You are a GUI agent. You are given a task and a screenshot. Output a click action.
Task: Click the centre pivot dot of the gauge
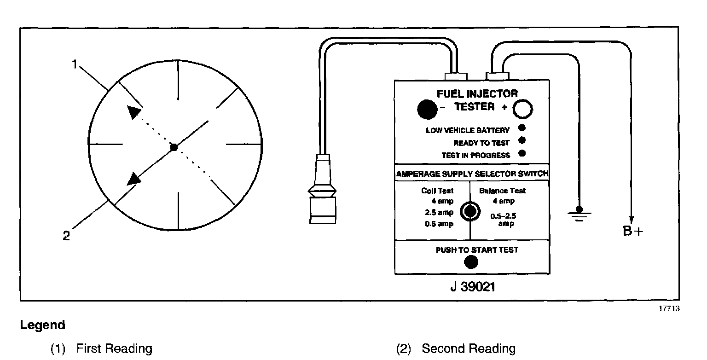coord(174,147)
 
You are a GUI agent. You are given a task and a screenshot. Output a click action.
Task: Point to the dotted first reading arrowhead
coord(133,112)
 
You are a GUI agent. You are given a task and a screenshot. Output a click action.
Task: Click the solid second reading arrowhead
coord(134,178)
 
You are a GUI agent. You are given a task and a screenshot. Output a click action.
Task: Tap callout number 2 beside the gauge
coord(67,236)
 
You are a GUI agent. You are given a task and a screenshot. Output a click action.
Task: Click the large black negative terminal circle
coord(426,110)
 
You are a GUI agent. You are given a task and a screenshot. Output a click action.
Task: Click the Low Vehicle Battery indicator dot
coord(522,128)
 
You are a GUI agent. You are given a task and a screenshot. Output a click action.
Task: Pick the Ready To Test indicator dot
coord(522,141)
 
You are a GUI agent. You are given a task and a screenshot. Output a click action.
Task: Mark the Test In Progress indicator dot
coord(522,153)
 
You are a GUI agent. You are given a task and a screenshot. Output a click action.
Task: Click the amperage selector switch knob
coord(470,211)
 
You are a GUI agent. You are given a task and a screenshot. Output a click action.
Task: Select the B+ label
coord(632,231)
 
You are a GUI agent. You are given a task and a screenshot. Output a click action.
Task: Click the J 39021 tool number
coord(472,286)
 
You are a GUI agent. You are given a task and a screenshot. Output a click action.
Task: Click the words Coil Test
coord(437,191)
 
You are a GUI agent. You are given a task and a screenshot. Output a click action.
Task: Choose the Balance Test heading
coord(503,191)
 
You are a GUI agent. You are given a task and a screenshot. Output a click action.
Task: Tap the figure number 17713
coord(669,308)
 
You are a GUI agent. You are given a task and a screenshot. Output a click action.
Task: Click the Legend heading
coord(42,325)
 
